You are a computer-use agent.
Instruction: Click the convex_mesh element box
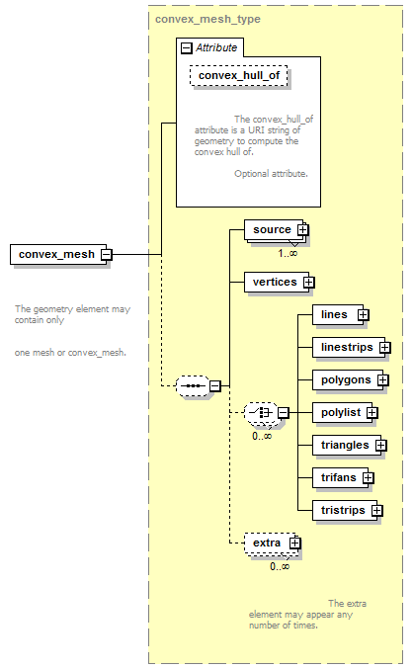click(58, 254)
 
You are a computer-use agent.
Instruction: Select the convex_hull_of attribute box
click(238, 75)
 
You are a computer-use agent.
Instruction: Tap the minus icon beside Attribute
click(187, 47)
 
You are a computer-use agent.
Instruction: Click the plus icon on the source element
click(302, 230)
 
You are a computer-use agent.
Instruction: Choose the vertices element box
click(277, 282)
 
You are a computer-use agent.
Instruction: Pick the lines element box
click(338, 315)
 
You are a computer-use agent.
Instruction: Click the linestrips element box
click(349, 347)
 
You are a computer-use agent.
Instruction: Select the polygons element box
click(348, 380)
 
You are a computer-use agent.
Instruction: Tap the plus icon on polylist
click(372, 413)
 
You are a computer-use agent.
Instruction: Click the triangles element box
click(347, 445)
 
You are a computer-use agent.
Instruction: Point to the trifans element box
click(341, 478)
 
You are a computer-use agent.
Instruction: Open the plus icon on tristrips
click(376, 510)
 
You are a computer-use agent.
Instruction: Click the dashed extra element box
click(271, 544)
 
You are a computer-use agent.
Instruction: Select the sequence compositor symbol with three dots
click(193, 386)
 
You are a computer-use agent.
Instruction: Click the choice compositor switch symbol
click(261, 413)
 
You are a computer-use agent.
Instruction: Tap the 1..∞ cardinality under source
click(288, 253)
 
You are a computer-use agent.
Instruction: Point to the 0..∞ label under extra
click(280, 566)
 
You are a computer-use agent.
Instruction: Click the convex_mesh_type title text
click(207, 19)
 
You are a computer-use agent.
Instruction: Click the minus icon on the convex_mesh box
click(107, 255)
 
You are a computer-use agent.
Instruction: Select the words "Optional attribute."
click(271, 174)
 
